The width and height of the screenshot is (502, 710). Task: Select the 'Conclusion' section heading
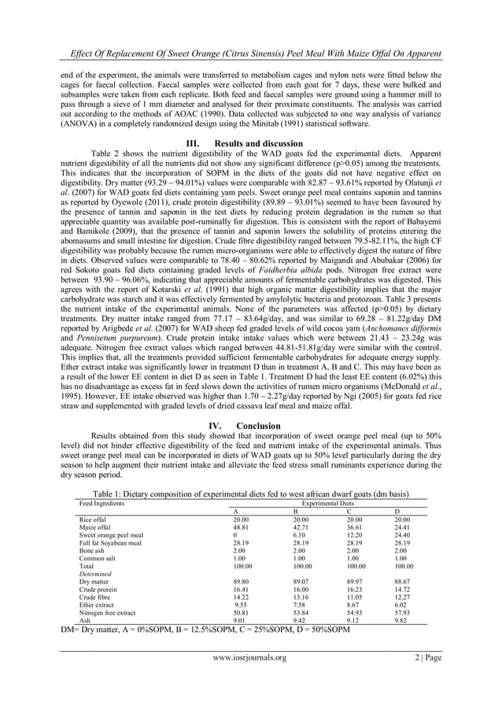pos(258,427)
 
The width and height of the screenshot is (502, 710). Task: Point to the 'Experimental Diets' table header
pos(325,503)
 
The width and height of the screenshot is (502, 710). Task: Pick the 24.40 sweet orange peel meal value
pos(402,535)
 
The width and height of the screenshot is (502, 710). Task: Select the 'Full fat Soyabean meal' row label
pos(110,543)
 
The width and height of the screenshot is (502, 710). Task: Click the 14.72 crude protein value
pos(402,590)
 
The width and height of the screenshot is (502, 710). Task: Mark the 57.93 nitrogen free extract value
pos(402,612)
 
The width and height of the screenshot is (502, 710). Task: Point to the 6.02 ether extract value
pos(400,604)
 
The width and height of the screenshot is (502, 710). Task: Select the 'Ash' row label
pos(85,619)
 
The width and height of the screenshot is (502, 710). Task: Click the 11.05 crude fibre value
pos(356,597)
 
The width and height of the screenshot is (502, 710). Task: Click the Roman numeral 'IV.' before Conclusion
pos(210,427)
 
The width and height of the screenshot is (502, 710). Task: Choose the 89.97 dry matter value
pos(356,582)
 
